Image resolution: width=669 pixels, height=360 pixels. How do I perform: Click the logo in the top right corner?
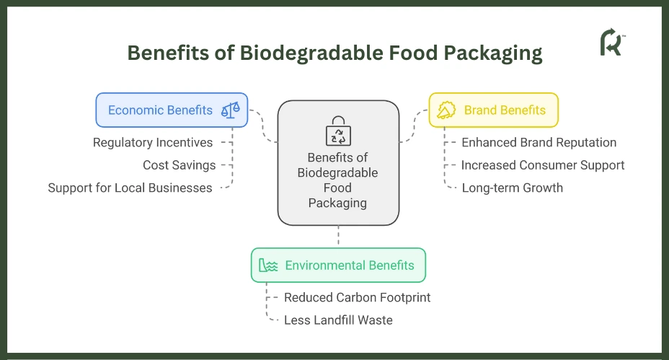612,43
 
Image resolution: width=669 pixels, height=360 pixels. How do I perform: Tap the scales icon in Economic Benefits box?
231,110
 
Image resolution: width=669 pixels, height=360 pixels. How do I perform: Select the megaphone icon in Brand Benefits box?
446,110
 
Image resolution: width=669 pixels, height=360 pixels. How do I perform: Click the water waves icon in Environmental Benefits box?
268,265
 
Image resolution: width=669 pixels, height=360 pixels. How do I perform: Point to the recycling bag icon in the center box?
338,131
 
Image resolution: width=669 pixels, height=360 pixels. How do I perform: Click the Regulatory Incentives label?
153,143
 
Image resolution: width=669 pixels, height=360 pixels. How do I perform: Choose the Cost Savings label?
180,165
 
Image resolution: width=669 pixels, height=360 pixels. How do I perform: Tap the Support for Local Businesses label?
130,188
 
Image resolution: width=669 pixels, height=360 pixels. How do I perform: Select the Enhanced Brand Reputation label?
539,143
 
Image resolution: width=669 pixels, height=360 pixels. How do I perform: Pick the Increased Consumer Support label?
543,165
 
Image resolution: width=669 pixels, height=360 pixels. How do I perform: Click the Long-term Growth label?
513,188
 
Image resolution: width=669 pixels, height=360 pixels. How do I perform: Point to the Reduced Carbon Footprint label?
357,298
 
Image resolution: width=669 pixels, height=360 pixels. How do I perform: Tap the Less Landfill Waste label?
338,320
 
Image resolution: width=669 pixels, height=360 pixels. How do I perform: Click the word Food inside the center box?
337,188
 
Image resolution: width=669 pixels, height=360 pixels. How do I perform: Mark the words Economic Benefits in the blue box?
160,110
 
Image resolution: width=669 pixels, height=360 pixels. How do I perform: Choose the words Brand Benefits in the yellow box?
505,110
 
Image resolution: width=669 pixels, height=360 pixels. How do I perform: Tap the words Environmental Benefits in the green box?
350,265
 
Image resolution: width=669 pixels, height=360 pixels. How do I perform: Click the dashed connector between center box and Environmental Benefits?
338,237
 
